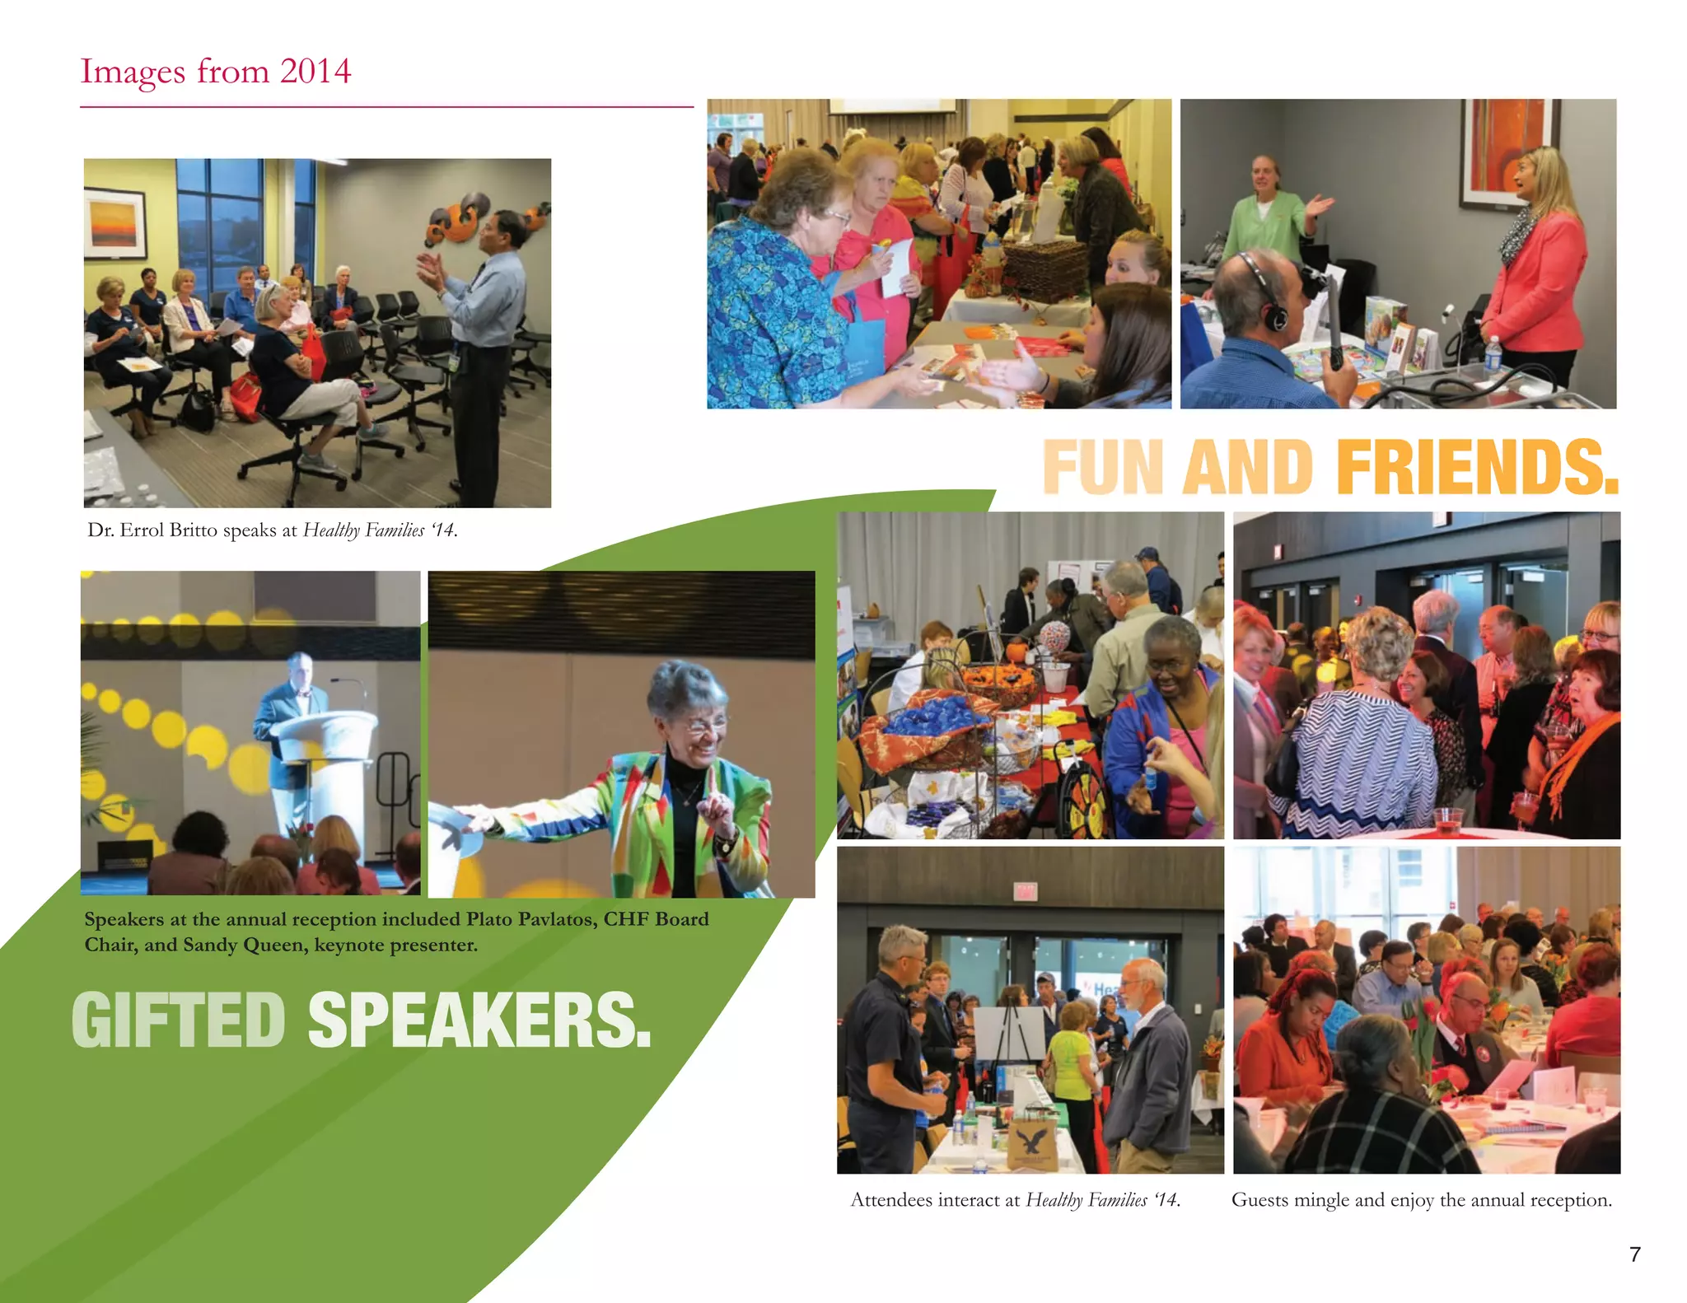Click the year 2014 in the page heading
pos(315,71)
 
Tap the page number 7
pos(1635,1254)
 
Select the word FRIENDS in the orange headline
pos(1477,467)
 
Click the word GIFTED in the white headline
pos(179,1020)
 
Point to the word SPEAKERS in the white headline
pos(479,1020)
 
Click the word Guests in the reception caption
pos(1259,1200)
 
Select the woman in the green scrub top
pos(1269,214)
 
